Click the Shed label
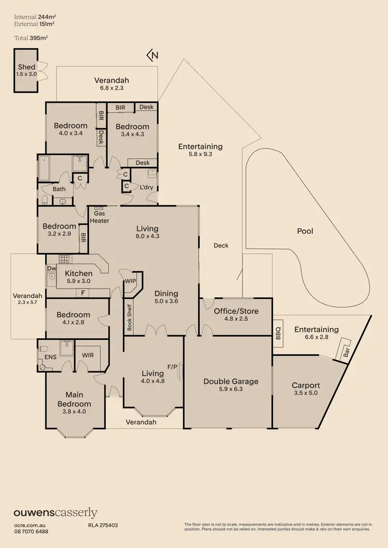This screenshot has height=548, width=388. (26, 67)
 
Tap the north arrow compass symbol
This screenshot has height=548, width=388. (152, 55)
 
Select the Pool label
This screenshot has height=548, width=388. (305, 231)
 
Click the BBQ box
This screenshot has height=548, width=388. (278, 329)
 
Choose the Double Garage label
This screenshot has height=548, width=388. (231, 382)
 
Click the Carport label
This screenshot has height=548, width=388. (306, 385)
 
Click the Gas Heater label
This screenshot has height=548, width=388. (100, 217)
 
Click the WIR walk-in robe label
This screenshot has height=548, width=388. (88, 355)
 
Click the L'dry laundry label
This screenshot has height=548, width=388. (146, 187)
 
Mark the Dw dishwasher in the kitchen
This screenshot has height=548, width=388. (51, 268)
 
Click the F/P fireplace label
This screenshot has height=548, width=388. (172, 367)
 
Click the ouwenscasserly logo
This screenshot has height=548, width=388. (55, 512)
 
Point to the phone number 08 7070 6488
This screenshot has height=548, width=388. (31, 531)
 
